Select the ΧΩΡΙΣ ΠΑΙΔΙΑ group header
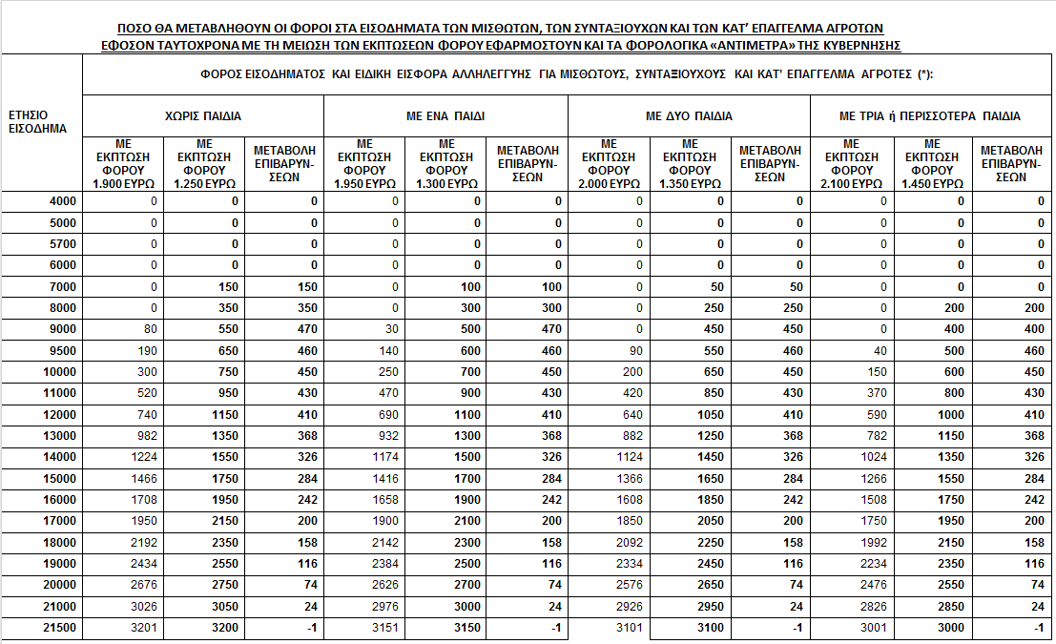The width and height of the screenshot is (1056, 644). click(x=203, y=116)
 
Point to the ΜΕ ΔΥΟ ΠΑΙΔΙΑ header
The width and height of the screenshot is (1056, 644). click(x=689, y=116)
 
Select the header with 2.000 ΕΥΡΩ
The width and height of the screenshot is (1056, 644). click(x=610, y=164)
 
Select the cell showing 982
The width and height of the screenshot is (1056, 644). click(x=144, y=436)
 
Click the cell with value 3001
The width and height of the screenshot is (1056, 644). click(x=870, y=628)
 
